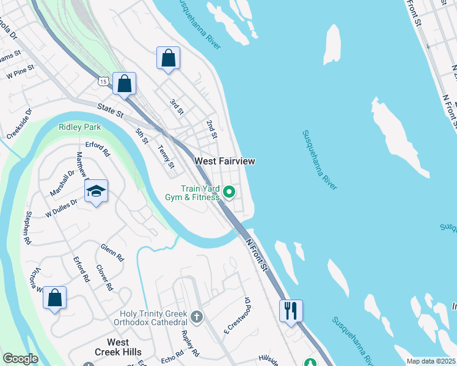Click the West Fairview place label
pos(224,161)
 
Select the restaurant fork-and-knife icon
pos(291,310)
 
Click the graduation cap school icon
pos(97,192)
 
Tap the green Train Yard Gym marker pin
pos(229,193)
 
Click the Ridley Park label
pos(79,127)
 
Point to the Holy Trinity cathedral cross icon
pos(196,317)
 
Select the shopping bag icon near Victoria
pos(55,298)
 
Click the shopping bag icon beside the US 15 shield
pos(124,84)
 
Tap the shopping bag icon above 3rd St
pos(168,59)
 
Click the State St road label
pos(111,110)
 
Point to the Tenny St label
pos(166,157)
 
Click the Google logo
pos(20,359)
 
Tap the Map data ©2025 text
pos(431,361)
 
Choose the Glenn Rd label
pos(112,252)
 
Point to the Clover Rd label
pos(104,278)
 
